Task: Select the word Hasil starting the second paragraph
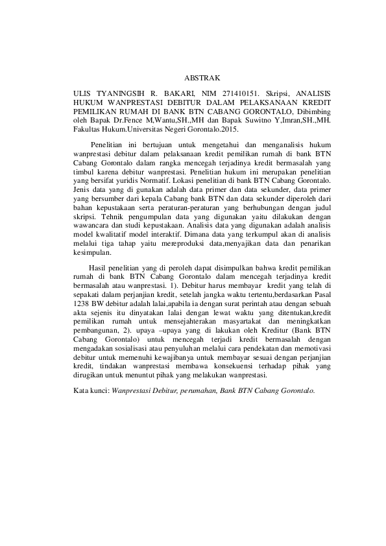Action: [x=97, y=268]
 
